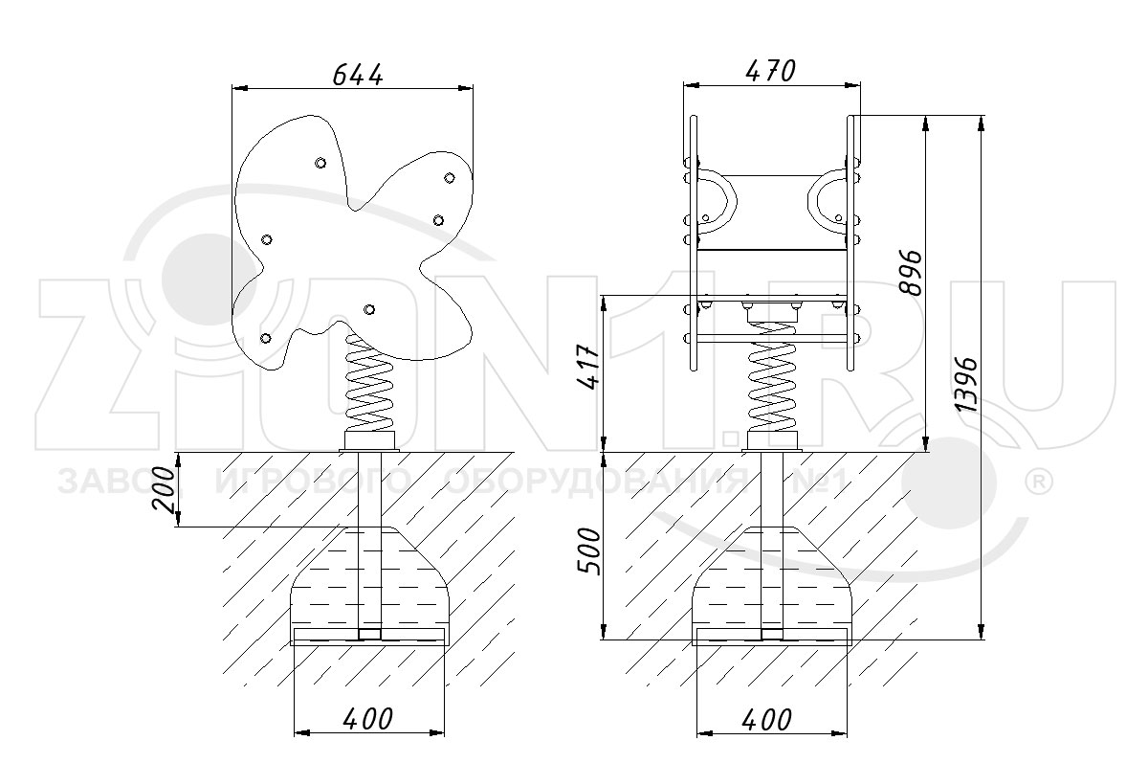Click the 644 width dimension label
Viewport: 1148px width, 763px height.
[358, 76]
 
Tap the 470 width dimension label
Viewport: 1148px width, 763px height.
[770, 71]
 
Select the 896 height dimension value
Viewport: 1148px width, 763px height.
[911, 273]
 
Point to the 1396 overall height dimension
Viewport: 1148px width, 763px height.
[966, 385]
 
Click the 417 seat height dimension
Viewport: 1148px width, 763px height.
[587, 368]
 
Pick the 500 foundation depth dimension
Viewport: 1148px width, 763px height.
[588, 551]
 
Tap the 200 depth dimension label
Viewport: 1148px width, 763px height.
[164, 490]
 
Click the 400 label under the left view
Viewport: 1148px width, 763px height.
[367, 719]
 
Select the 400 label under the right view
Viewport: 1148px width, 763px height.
[766, 720]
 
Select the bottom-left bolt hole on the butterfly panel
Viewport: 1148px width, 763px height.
[266, 338]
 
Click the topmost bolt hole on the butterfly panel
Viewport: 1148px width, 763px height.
[320, 163]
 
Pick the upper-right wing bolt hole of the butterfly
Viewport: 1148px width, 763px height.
[449, 178]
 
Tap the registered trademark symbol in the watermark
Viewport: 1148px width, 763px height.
[1038, 483]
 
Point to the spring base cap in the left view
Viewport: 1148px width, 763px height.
[369, 440]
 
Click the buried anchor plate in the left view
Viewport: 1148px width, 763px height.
[369, 636]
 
